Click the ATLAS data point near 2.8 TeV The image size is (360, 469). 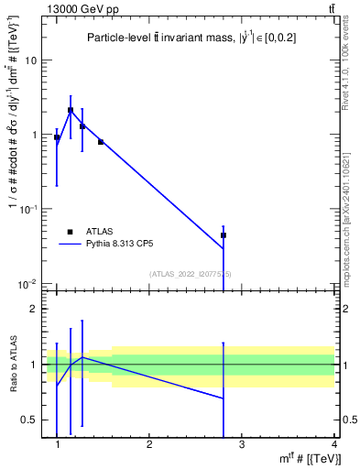click(224, 235)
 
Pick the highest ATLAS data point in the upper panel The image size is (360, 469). click(71, 110)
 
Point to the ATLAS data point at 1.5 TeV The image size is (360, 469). click(101, 142)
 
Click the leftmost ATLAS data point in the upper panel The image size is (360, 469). click(57, 137)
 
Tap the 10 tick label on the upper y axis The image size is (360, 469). click(30, 60)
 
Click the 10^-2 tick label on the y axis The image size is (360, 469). click(27, 284)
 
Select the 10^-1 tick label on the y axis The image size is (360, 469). click(27, 210)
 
